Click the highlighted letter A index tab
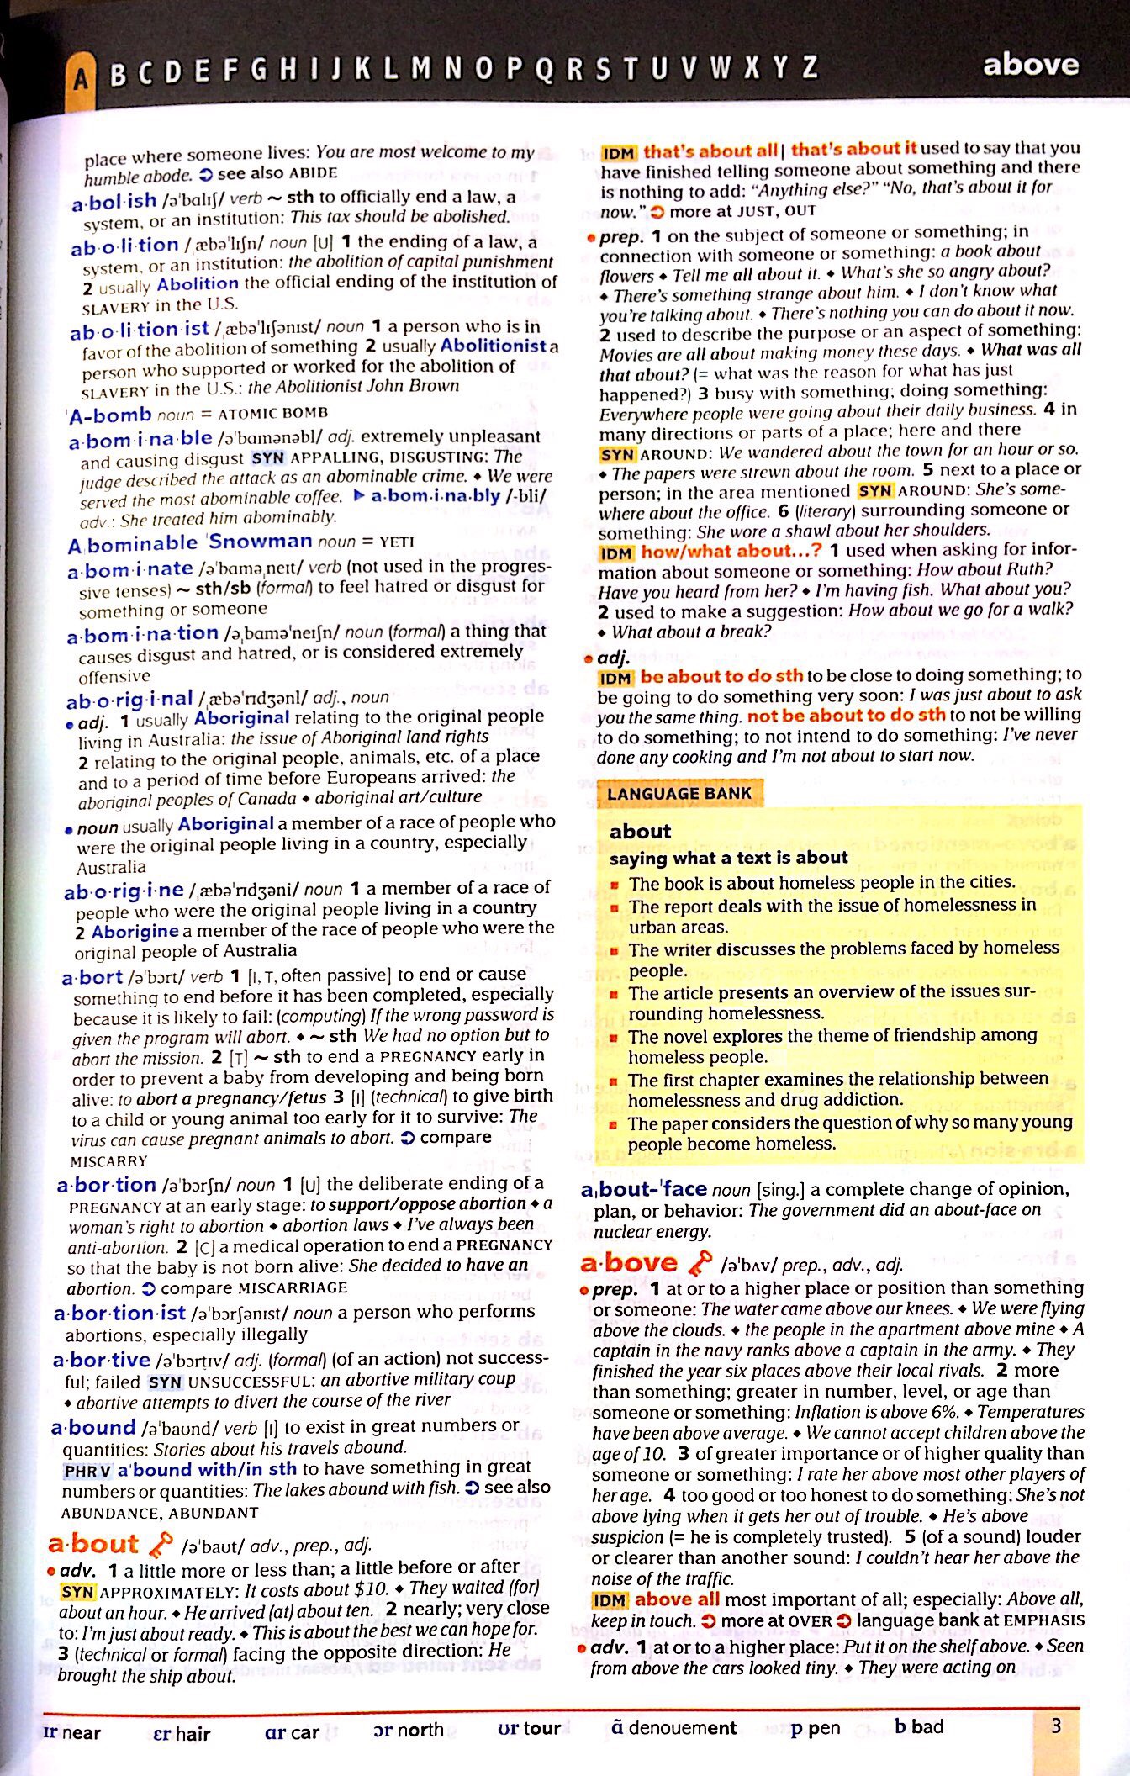80,78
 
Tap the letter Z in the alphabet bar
809,67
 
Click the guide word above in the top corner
1030,65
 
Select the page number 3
1056,1726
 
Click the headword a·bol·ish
114,201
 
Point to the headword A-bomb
110,414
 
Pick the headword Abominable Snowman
190,542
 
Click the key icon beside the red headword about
160,1544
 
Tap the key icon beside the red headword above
699,1263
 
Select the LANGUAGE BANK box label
679,793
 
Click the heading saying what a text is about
728,858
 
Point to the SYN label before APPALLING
268,458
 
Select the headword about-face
644,1189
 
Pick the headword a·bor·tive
101,1360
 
